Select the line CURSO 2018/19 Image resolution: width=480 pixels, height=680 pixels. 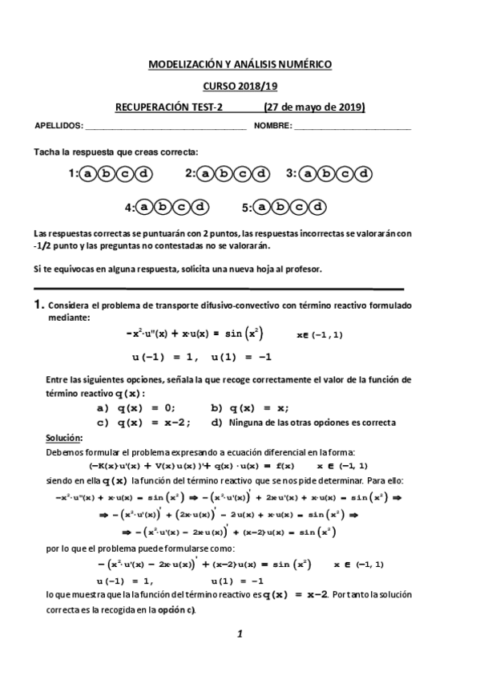[x=240, y=86]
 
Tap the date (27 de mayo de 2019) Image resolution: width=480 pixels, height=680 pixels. [x=314, y=107]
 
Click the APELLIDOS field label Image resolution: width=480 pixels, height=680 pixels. [x=58, y=127]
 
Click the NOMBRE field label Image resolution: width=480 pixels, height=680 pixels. [x=273, y=127]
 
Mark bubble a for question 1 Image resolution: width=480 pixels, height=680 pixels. [x=87, y=172]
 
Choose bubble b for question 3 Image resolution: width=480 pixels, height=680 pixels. [x=325, y=172]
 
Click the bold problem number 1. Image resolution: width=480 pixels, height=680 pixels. [x=38, y=305]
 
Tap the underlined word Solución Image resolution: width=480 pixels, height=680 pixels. [x=63, y=438]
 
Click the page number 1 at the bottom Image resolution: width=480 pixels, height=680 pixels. [x=240, y=634]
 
